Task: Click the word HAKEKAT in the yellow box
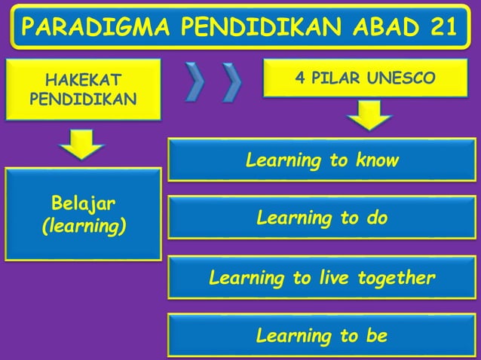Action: coord(83,80)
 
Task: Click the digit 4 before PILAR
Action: coord(300,78)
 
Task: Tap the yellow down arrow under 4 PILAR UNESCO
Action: coord(369,116)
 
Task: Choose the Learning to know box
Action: coord(322,160)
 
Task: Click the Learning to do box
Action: coord(322,218)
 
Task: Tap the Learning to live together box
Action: coord(322,278)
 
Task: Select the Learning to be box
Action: coord(322,335)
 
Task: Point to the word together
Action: coord(397,278)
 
